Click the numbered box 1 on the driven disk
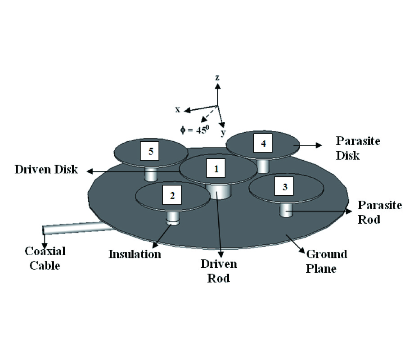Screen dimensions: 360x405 216,169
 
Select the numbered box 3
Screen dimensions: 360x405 284,187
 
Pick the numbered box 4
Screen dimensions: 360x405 263,143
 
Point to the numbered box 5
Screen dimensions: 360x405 151,151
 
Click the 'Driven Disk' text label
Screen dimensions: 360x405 46,170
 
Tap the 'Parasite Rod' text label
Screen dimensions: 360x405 379,212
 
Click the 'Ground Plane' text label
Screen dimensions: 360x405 327,261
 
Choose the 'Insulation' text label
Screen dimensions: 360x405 135,254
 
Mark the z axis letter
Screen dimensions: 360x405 217,77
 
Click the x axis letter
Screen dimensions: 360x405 178,109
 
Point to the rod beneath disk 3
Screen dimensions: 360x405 285,210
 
